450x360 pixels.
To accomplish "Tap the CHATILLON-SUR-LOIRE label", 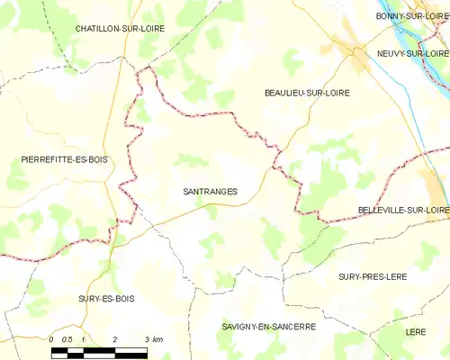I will [x=119, y=29].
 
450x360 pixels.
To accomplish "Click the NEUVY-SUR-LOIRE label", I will [x=414, y=53].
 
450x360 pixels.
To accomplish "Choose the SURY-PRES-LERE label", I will [x=372, y=276].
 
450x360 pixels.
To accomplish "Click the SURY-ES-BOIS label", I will [x=106, y=298].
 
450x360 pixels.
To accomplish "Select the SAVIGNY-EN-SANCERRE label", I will [x=268, y=327].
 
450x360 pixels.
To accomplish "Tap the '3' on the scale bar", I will [x=146, y=338].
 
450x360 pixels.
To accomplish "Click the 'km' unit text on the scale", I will [x=157, y=338].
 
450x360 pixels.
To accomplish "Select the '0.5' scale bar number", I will [x=67, y=338].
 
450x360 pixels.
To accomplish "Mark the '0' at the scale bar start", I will [x=52, y=338].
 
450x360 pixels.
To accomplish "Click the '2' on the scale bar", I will [x=115, y=338].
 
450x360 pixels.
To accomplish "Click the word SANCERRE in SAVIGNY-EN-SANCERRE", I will [x=292, y=327].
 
